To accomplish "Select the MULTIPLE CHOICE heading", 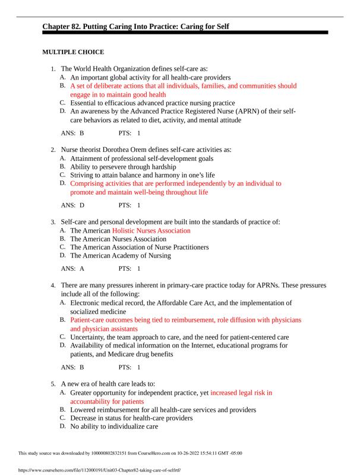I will point(73,52).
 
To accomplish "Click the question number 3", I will point(53,221).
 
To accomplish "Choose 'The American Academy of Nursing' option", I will point(120,256).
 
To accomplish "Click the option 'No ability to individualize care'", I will point(114,426).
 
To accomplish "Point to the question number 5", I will point(53,384).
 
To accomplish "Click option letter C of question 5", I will point(63,418).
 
